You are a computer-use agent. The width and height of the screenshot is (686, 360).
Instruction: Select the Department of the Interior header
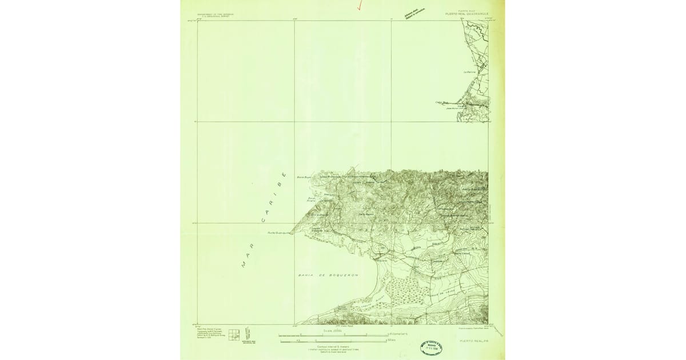[216, 14]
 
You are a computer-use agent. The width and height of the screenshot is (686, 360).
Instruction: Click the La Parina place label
[469, 72]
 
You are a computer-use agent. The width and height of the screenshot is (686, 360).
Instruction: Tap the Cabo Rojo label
[440, 103]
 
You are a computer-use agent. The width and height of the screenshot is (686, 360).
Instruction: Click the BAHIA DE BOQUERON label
[328, 275]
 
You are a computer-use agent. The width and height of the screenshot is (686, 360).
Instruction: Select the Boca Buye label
[302, 177]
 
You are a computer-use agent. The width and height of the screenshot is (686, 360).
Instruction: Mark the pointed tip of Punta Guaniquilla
[290, 233]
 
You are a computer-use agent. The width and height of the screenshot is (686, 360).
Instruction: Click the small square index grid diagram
[234, 335]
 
